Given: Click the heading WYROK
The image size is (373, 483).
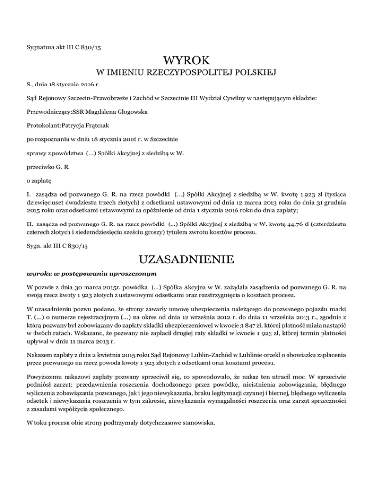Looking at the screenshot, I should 186,61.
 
